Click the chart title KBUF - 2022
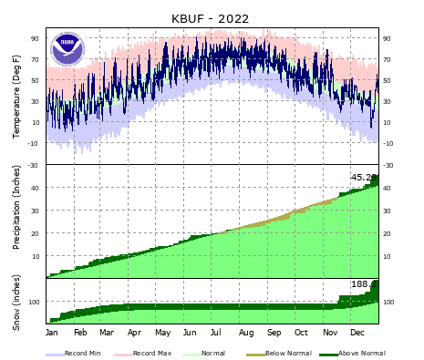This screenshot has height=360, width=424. [x=210, y=17]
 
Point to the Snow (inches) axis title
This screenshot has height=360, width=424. [x=16, y=301]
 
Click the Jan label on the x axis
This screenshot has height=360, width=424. [x=52, y=334]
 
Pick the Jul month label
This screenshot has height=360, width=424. [x=219, y=334]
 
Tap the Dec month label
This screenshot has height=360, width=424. [x=357, y=334]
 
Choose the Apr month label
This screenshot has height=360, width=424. [x=135, y=334]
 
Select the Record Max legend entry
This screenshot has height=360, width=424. [x=151, y=353]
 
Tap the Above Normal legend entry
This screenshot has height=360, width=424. [x=359, y=353]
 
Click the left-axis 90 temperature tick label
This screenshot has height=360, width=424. [x=37, y=38]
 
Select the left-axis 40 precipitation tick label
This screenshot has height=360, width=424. [x=37, y=188]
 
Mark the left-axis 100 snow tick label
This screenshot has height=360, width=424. [x=36, y=302]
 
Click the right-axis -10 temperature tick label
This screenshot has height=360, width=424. [x=388, y=143]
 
